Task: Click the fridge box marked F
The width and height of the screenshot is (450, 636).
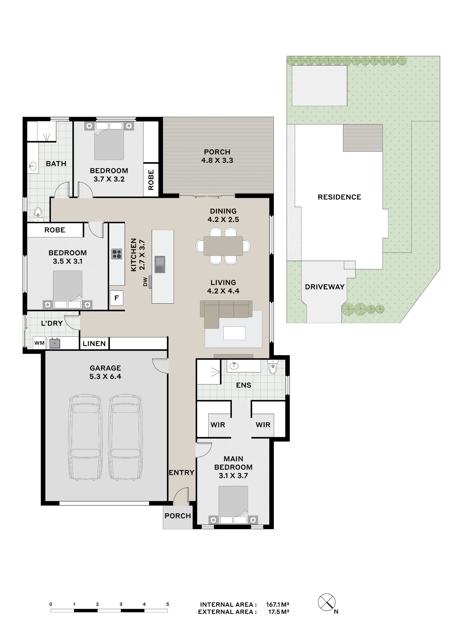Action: (x=116, y=298)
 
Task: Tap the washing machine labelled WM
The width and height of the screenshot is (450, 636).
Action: (x=40, y=343)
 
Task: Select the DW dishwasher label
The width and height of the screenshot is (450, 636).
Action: (x=145, y=282)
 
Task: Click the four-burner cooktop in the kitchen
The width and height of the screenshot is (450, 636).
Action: (x=117, y=254)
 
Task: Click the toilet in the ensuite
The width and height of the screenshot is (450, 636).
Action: (x=273, y=367)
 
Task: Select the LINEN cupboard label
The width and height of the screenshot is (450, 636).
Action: (x=94, y=343)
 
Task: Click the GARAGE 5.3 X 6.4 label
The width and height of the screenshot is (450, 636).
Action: (x=105, y=372)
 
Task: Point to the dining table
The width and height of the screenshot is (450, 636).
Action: (x=223, y=246)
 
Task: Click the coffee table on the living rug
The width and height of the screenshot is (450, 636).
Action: (x=234, y=333)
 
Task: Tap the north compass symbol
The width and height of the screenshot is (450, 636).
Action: (x=327, y=602)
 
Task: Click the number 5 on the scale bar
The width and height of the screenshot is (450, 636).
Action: (x=168, y=604)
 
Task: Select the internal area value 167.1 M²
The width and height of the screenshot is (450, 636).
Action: (x=277, y=605)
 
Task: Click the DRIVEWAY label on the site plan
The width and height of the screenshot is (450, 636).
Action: (x=325, y=287)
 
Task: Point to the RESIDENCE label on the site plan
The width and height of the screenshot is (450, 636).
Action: (x=339, y=197)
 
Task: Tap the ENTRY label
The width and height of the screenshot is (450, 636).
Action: (x=181, y=473)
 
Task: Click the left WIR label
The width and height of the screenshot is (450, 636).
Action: (x=218, y=425)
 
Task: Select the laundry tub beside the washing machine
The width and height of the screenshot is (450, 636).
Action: (x=55, y=343)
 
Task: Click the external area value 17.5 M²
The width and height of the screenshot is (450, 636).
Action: (x=279, y=612)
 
